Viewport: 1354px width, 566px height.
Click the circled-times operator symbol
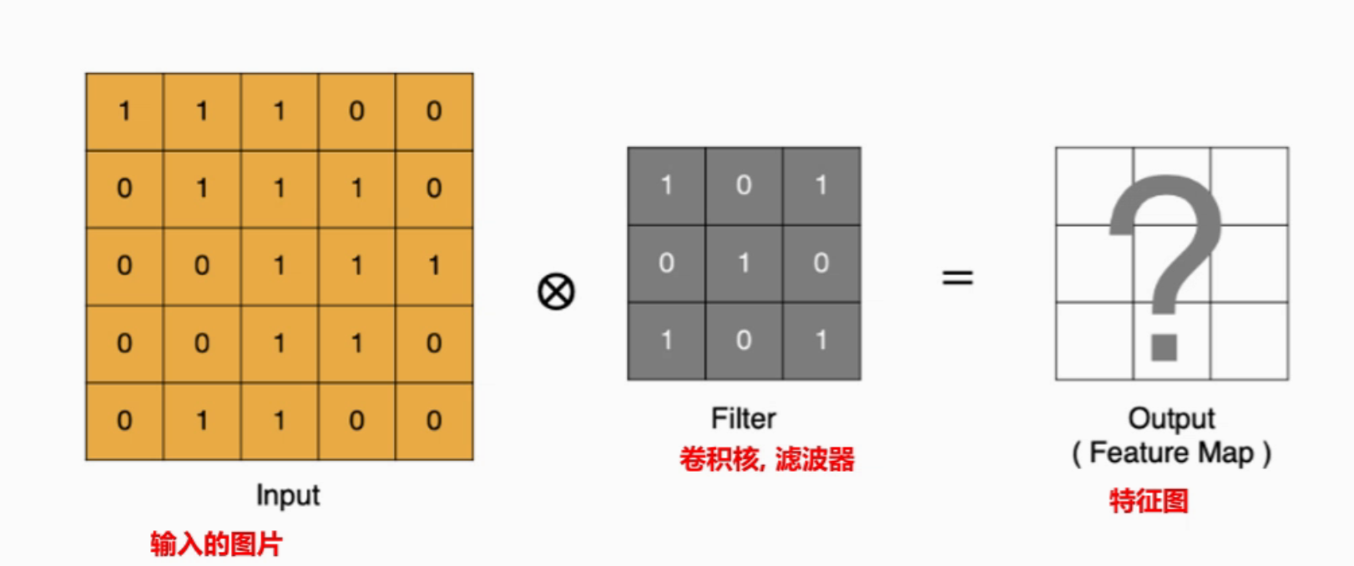tap(556, 292)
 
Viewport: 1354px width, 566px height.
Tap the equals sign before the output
tap(957, 277)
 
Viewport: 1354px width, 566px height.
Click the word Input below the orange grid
tap(287, 495)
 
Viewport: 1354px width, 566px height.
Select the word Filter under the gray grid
tap(743, 418)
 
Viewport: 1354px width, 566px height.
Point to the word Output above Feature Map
tap(1171, 418)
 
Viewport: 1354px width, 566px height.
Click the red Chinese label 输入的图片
tap(216, 543)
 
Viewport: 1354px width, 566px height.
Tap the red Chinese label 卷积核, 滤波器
tap(766, 459)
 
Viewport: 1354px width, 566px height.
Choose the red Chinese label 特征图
tap(1148, 501)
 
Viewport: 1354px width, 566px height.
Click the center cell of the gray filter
tap(744, 264)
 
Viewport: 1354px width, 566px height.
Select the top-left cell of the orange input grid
tap(124, 112)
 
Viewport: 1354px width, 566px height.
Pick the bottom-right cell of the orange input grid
tap(434, 421)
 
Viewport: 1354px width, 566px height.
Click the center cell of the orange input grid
tap(280, 266)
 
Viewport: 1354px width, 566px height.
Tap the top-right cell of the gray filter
tap(821, 186)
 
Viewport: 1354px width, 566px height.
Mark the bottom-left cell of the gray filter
tap(666, 341)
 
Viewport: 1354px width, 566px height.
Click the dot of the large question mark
tap(1164, 346)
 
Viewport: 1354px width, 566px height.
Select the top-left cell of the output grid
tap(1094, 186)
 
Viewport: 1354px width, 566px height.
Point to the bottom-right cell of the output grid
tap(1249, 341)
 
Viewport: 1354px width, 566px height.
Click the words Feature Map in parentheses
tap(1171, 453)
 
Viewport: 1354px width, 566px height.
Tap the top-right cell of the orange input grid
tap(434, 112)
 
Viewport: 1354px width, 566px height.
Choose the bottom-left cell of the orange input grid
tap(124, 421)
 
